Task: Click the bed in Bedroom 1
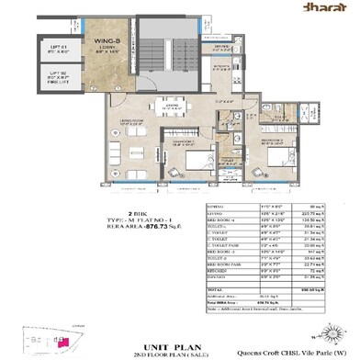pyautogui.click(x=186, y=152)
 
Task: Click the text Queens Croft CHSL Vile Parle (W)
pyautogui.click(x=304, y=337)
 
